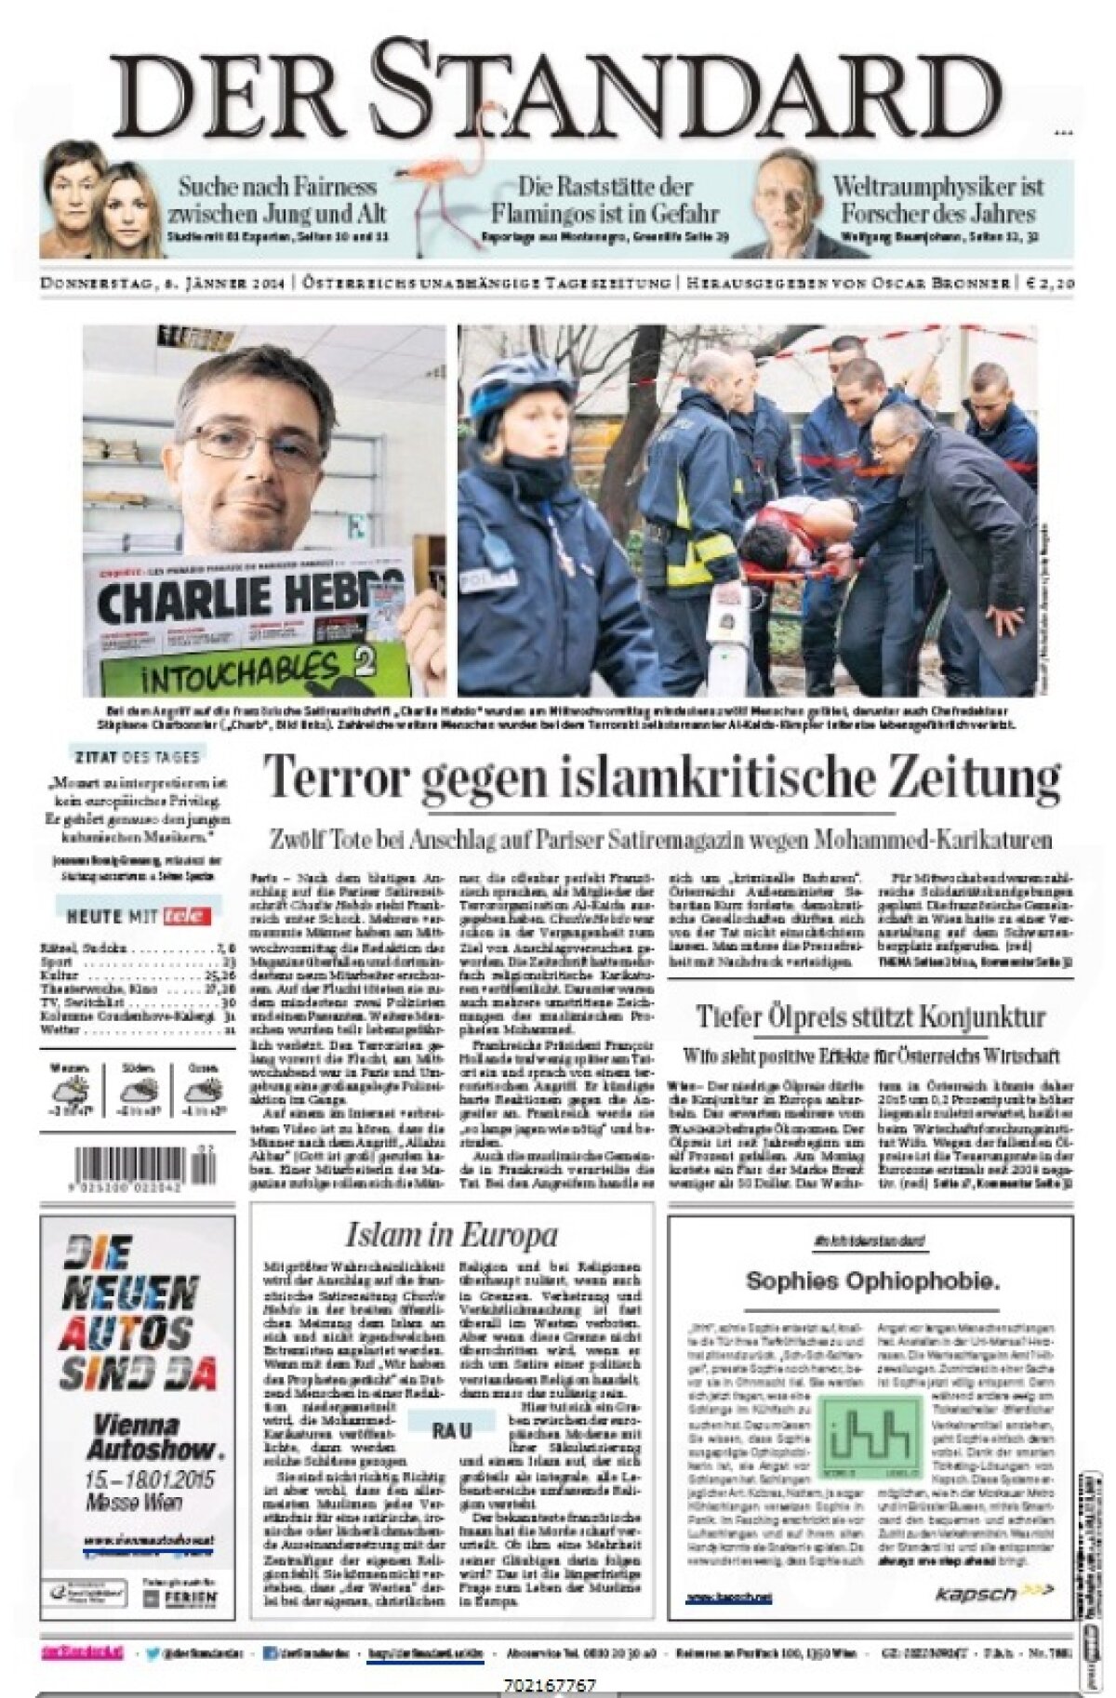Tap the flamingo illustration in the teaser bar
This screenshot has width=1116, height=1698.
click(439, 201)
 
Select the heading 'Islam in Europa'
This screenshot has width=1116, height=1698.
click(451, 1235)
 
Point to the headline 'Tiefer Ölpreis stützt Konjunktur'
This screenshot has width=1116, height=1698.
click(870, 1015)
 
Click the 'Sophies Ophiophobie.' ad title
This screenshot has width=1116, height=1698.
click(872, 1281)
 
